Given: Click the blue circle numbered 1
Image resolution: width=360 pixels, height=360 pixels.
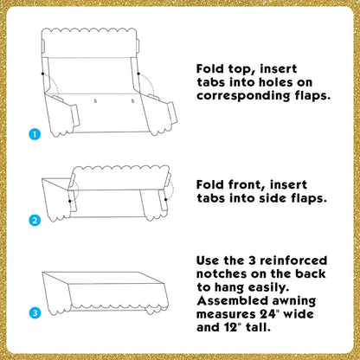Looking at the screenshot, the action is pyautogui.click(x=35, y=134).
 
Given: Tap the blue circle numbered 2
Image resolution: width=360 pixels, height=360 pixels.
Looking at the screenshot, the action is pyautogui.click(x=35, y=221).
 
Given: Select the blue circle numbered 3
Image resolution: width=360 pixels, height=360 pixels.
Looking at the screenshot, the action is pyautogui.click(x=35, y=313).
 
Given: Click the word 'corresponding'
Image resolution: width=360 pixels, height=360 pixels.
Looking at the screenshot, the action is pyautogui.click(x=243, y=96).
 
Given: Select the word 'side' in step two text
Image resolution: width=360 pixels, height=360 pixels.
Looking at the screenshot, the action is pyautogui.click(x=273, y=198).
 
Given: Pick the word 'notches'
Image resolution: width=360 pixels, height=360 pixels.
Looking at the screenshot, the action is pyautogui.click(x=222, y=273).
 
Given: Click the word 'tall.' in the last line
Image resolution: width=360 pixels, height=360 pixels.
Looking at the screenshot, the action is pyautogui.click(x=259, y=327).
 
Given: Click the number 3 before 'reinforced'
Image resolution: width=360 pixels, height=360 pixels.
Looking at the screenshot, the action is pyautogui.click(x=253, y=260).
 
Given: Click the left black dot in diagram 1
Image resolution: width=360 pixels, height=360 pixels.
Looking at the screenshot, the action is pyautogui.click(x=42, y=74).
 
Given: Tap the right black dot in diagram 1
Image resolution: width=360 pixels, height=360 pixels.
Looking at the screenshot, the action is pyautogui.click(x=138, y=74).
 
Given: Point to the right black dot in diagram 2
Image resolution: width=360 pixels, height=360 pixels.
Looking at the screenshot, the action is pyautogui.click(x=166, y=199).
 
